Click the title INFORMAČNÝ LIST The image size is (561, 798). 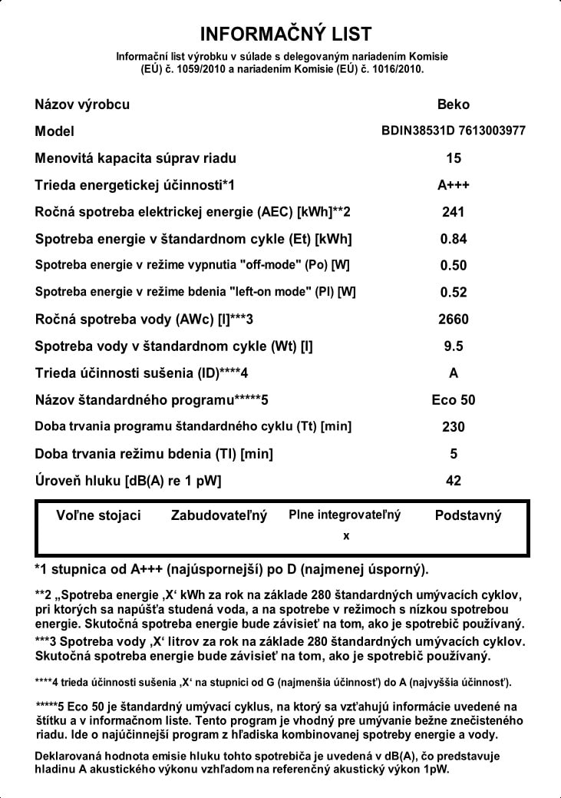[285, 35]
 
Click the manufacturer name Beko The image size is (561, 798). [453, 104]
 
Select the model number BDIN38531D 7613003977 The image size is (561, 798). [453, 131]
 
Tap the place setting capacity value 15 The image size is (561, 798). [453, 158]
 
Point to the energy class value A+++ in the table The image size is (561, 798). [453, 185]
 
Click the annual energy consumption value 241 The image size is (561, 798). [453, 212]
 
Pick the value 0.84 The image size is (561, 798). [453, 239]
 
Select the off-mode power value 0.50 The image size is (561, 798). [453, 266]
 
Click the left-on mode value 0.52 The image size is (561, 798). [453, 293]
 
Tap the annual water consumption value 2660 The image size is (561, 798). [453, 320]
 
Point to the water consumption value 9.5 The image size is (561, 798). [453, 346]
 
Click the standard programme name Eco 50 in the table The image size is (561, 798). [453, 400]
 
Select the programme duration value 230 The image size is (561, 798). [453, 427]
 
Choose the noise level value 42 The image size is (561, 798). [453, 481]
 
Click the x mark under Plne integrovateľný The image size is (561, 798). [346, 535]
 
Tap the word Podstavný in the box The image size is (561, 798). [467, 515]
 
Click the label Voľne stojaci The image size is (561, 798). [99, 515]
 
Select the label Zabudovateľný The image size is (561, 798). [219, 515]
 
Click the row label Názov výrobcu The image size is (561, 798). [82, 104]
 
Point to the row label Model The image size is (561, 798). [54, 131]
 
